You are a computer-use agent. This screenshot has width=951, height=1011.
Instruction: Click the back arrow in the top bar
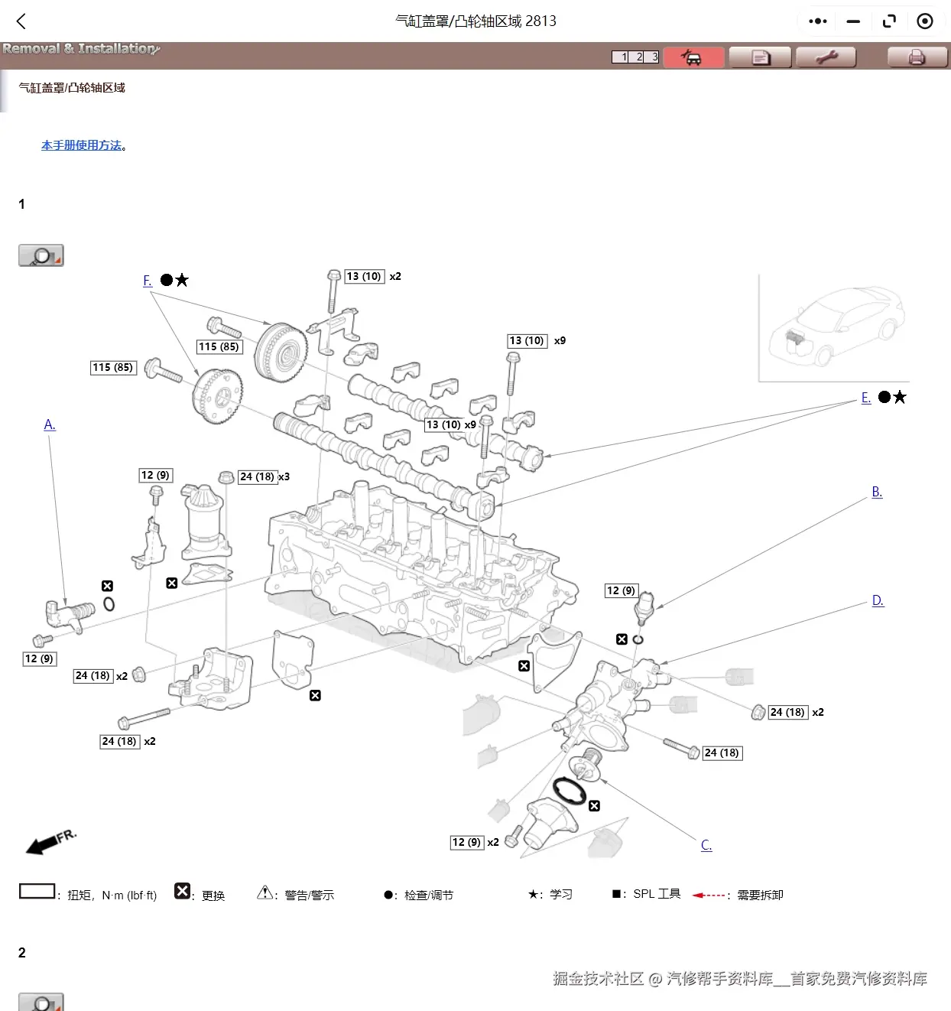click(21, 21)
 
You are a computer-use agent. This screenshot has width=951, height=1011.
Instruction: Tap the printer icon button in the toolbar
click(916, 57)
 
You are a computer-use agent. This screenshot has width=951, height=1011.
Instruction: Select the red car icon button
click(693, 57)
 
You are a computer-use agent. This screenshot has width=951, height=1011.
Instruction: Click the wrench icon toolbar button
click(826, 57)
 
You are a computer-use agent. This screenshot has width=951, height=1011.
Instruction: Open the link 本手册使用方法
click(81, 145)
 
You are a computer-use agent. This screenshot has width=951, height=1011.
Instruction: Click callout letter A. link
click(50, 425)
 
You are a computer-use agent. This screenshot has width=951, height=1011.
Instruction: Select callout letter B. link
click(877, 492)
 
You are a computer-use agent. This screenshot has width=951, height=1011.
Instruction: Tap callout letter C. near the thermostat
click(706, 845)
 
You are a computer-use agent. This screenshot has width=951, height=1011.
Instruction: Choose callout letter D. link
click(878, 601)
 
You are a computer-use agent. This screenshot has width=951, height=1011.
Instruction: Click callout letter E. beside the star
click(865, 398)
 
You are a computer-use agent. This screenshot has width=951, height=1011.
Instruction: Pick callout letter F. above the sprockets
click(148, 281)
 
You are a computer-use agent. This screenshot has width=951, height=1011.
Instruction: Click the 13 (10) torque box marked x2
click(364, 276)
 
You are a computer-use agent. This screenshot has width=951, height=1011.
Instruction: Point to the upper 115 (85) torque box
click(219, 347)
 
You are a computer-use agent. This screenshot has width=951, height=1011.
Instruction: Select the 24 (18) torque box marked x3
click(257, 476)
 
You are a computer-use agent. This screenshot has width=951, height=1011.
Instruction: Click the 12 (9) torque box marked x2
click(466, 842)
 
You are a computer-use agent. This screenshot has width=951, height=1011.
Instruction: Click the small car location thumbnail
click(834, 327)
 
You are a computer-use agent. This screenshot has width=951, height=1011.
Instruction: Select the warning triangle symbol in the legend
click(265, 892)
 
